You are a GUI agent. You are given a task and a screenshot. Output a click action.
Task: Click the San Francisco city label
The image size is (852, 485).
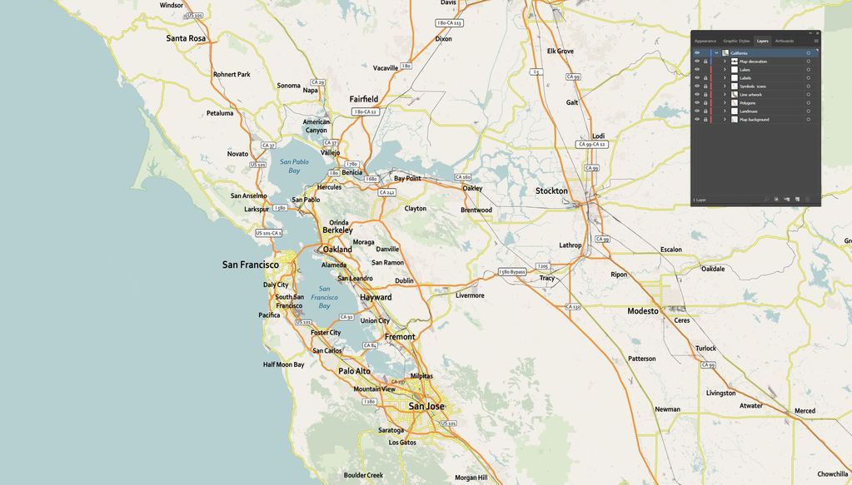(x=250, y=265)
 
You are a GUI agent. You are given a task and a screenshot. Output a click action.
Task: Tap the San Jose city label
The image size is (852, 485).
(x=426, y=406)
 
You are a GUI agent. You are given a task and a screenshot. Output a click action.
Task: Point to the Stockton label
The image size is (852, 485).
(x=551, y=191)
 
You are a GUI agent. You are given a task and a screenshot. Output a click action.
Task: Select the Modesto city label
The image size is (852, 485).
(x=643, y=311)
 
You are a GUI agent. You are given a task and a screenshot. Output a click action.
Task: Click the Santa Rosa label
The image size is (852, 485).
(x=186, y=38)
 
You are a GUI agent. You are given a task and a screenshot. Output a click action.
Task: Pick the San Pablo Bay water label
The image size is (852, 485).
(x=294, y=166)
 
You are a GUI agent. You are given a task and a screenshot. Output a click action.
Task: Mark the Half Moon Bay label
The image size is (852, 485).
(x=284, y=364)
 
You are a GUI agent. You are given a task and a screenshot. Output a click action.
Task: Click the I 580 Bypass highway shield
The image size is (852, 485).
(x=512, y=272)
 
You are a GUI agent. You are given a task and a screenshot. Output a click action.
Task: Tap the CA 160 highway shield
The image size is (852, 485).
(x=463, y=177)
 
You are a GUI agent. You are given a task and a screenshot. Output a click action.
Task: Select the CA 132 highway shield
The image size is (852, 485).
(x=573, y=307)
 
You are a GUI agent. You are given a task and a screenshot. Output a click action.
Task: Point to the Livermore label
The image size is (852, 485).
(x=470, y=295)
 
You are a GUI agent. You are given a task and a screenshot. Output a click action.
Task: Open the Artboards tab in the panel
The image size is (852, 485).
(x=785, y=41)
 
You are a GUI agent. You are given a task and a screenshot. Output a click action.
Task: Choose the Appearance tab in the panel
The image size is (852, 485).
(x=705, y=41)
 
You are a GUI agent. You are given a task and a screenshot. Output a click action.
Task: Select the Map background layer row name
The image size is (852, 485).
(x=754, y=120)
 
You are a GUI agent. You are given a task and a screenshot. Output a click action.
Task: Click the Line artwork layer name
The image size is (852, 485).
(x=750, y=95)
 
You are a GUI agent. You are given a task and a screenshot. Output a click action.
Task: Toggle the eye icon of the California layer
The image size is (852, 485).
(x=697, y=53)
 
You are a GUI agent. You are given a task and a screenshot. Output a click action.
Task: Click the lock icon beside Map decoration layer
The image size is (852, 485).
(x=705, y=62)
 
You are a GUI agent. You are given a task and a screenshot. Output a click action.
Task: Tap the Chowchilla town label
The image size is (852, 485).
(x=832, y=474)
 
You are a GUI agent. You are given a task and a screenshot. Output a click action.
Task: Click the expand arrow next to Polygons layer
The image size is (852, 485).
(x=725, y=103)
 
